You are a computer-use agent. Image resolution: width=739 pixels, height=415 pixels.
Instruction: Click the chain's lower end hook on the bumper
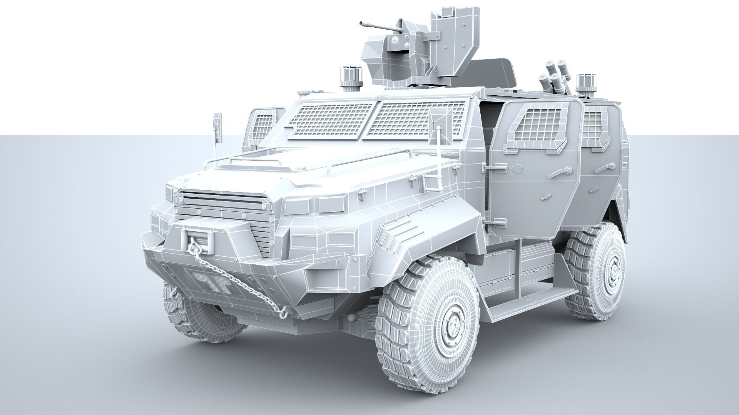coord(283,314)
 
